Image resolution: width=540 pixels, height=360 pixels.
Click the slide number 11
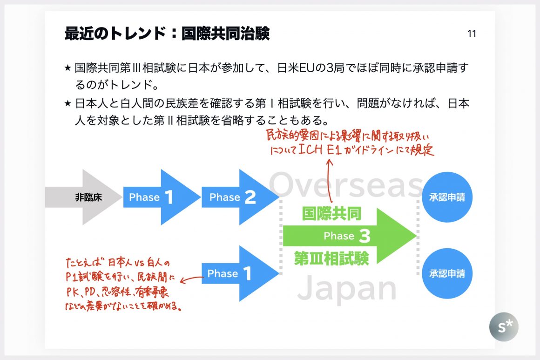tap(471, 34)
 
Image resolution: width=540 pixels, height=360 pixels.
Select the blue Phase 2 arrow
tap(237, 197)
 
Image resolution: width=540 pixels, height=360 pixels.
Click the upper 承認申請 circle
tap(447, 197)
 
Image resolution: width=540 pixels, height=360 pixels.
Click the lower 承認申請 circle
tap(447, 273)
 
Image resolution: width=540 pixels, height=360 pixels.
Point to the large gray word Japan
tap(347, 289)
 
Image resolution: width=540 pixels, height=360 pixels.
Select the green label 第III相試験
tap(331, 258)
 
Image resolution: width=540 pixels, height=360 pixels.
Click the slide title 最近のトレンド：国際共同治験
tap(167, 34)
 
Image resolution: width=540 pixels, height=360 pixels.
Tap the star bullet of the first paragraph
tap(68, 68)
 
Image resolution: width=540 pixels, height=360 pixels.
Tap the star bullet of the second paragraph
tap(68, 103)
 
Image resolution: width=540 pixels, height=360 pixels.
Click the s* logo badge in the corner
tap(503, 327)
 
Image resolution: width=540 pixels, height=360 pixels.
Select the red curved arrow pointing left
tap(191, 280)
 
